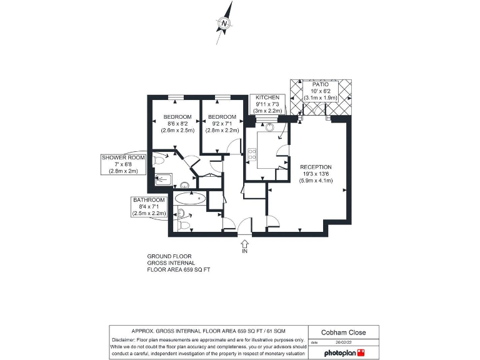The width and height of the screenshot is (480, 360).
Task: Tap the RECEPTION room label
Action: (316, 173)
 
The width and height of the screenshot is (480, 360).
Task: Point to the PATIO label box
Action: (320, 91)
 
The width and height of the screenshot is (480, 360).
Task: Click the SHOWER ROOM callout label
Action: (123, 164)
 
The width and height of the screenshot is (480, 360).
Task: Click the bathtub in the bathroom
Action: (190, 199)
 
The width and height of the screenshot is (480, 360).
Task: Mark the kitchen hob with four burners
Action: (252, 154)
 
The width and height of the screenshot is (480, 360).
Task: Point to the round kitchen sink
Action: (270, 126)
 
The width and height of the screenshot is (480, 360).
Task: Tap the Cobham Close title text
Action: (343, 332)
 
